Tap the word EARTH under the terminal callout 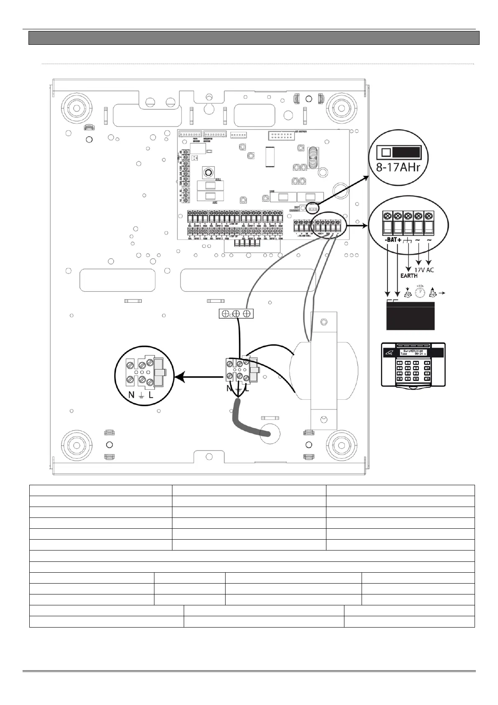(408, 275)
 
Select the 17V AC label (424, 270)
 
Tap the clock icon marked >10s (420, 292)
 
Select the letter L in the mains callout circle (151, 394)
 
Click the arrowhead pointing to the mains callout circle (179, 377)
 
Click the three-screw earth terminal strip (236, 314)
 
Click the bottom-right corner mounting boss (341, 444)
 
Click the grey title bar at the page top (254, 38)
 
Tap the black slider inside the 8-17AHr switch (406, 152)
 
